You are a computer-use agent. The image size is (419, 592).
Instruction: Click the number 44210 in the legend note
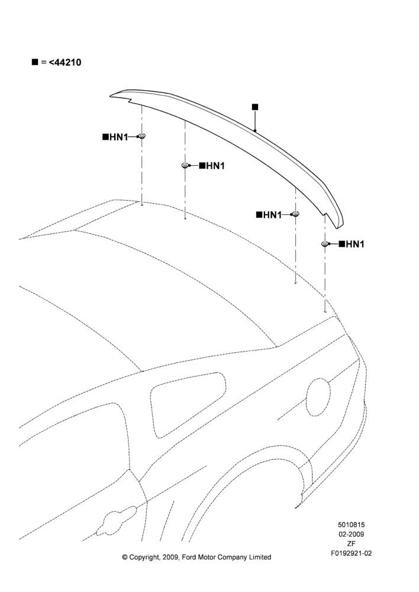(x=67, y=62)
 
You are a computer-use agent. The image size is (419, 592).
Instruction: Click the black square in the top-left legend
(x=35, y=62)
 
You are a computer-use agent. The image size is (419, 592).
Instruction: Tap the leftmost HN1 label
(x=115, y=137)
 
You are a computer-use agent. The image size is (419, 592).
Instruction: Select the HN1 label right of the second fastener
(x=212, y=166)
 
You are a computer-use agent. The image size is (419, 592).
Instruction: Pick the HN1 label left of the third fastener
(x=269, y=215)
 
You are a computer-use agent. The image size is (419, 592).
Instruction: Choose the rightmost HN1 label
(x=352, y=244)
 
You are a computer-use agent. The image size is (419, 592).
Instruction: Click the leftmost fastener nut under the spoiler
(x=142, y=136)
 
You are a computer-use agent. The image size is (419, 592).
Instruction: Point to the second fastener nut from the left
(x=185, y=165)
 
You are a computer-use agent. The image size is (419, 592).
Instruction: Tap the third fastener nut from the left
(x=295, y=214)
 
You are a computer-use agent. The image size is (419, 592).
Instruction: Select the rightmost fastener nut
(x=325, y=244)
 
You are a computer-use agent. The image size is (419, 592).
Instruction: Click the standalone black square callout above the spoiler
(x=255, y=107)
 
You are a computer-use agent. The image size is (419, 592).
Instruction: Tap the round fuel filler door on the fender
(x=318, y=397)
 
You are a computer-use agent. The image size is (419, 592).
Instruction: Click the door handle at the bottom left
(x=116, y=520)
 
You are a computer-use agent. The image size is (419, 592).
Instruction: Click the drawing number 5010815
(x=351, y=525)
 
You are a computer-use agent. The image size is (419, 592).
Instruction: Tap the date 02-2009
(x=351, y=534)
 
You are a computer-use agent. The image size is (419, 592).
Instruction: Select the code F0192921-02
(x=351, y=554)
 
